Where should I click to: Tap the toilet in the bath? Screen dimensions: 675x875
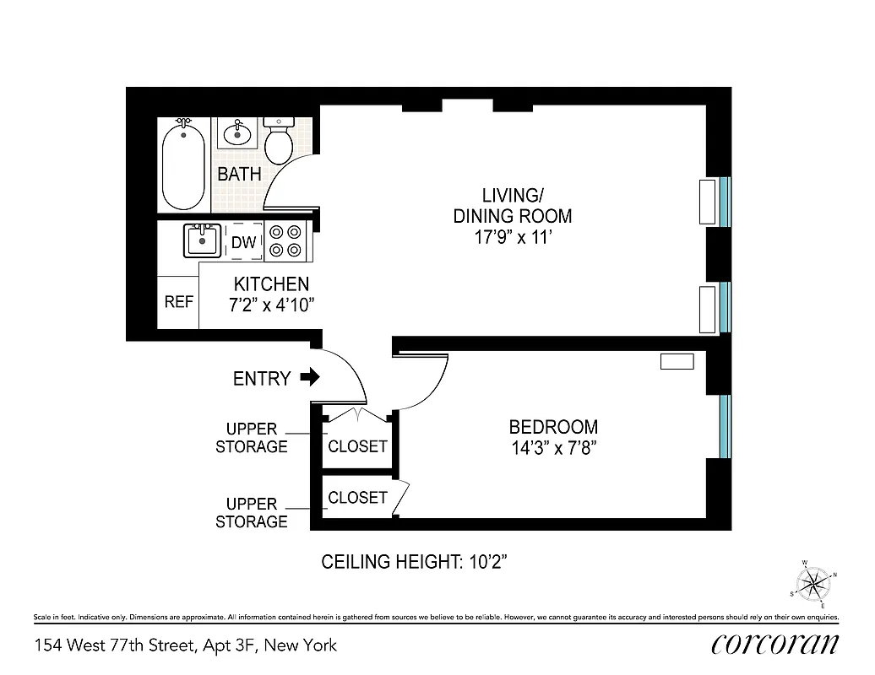278,141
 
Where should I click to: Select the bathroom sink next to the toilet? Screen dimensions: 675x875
236,132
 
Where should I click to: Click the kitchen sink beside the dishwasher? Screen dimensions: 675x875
202,240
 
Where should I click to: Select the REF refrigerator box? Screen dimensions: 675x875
178,302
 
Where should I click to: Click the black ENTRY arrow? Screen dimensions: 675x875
311,377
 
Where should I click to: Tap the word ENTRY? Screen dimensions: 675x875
262,379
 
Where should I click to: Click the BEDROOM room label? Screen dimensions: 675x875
553,427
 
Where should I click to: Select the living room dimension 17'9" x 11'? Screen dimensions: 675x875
513,237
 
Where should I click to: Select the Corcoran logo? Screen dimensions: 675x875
774,644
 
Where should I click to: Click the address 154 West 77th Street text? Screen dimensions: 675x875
185,645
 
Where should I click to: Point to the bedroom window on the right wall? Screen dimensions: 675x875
725,425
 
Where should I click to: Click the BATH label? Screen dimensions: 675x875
239,175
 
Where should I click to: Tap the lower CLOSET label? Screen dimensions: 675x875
357,498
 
